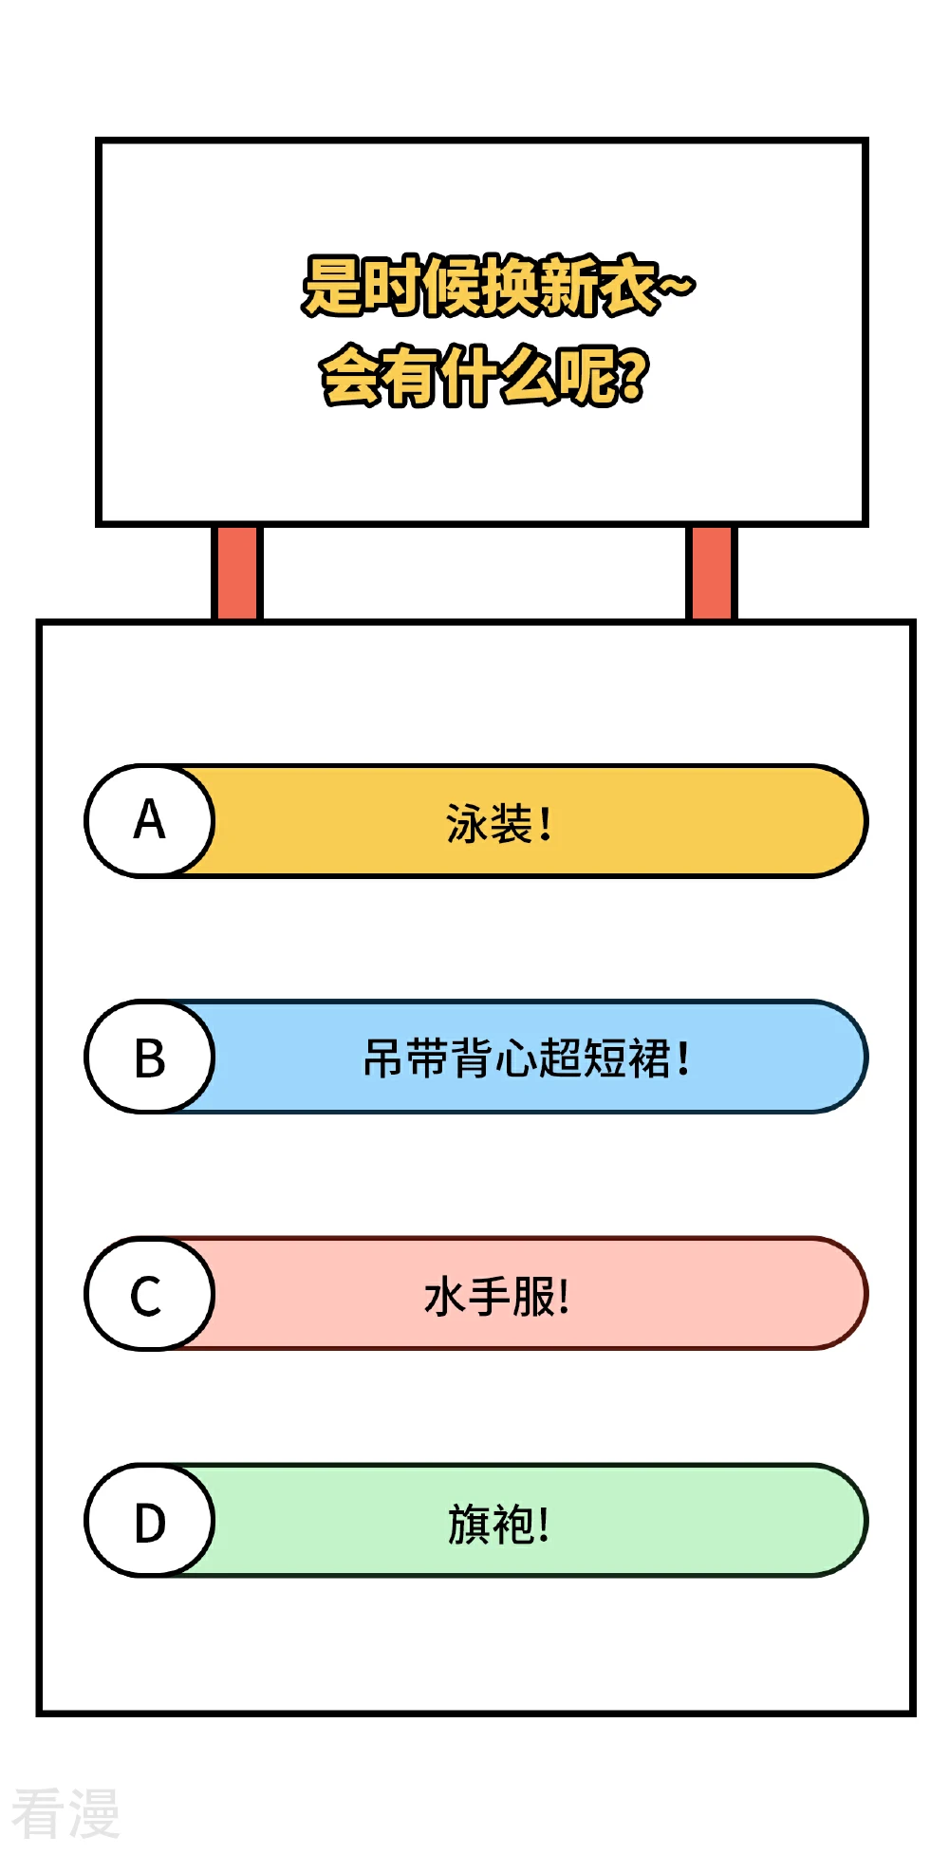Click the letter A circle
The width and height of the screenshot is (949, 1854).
coord(149,820)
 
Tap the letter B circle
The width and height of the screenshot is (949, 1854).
coord(149,1057)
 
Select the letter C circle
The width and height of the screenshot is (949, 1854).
coord(149,1293)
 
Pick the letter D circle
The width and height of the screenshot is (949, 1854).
coord(149,1520)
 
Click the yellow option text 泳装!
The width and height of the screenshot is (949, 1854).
coord(498,823)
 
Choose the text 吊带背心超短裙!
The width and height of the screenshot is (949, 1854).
coord(526,1058)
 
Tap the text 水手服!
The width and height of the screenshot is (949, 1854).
coord(496,1296)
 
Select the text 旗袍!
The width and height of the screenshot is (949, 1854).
coord(498,1524)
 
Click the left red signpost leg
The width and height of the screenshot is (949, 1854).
coord(236,572)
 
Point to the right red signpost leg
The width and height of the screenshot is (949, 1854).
coord(711,572)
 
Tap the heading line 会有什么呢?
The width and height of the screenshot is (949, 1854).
coord(485,376)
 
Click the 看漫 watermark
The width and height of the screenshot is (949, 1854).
coord(65,1812)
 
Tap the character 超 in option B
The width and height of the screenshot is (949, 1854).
coord(560,1058)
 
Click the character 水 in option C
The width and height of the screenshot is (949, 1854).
coord(445,1296)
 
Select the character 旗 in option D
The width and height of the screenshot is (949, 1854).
coord(470,1524)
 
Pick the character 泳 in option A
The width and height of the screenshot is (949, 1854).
coord(467,823)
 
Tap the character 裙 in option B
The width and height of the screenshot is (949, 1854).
coord(649,1058)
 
